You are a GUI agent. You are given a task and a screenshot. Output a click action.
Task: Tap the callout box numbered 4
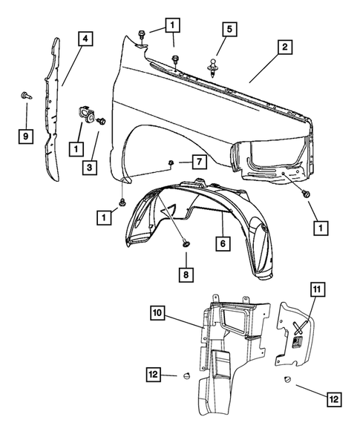[x=87, y=37]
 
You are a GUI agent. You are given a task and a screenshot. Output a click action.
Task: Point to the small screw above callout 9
[x=24, y=96]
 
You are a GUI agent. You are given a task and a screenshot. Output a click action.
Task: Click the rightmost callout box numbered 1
[x=321, y=227]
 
